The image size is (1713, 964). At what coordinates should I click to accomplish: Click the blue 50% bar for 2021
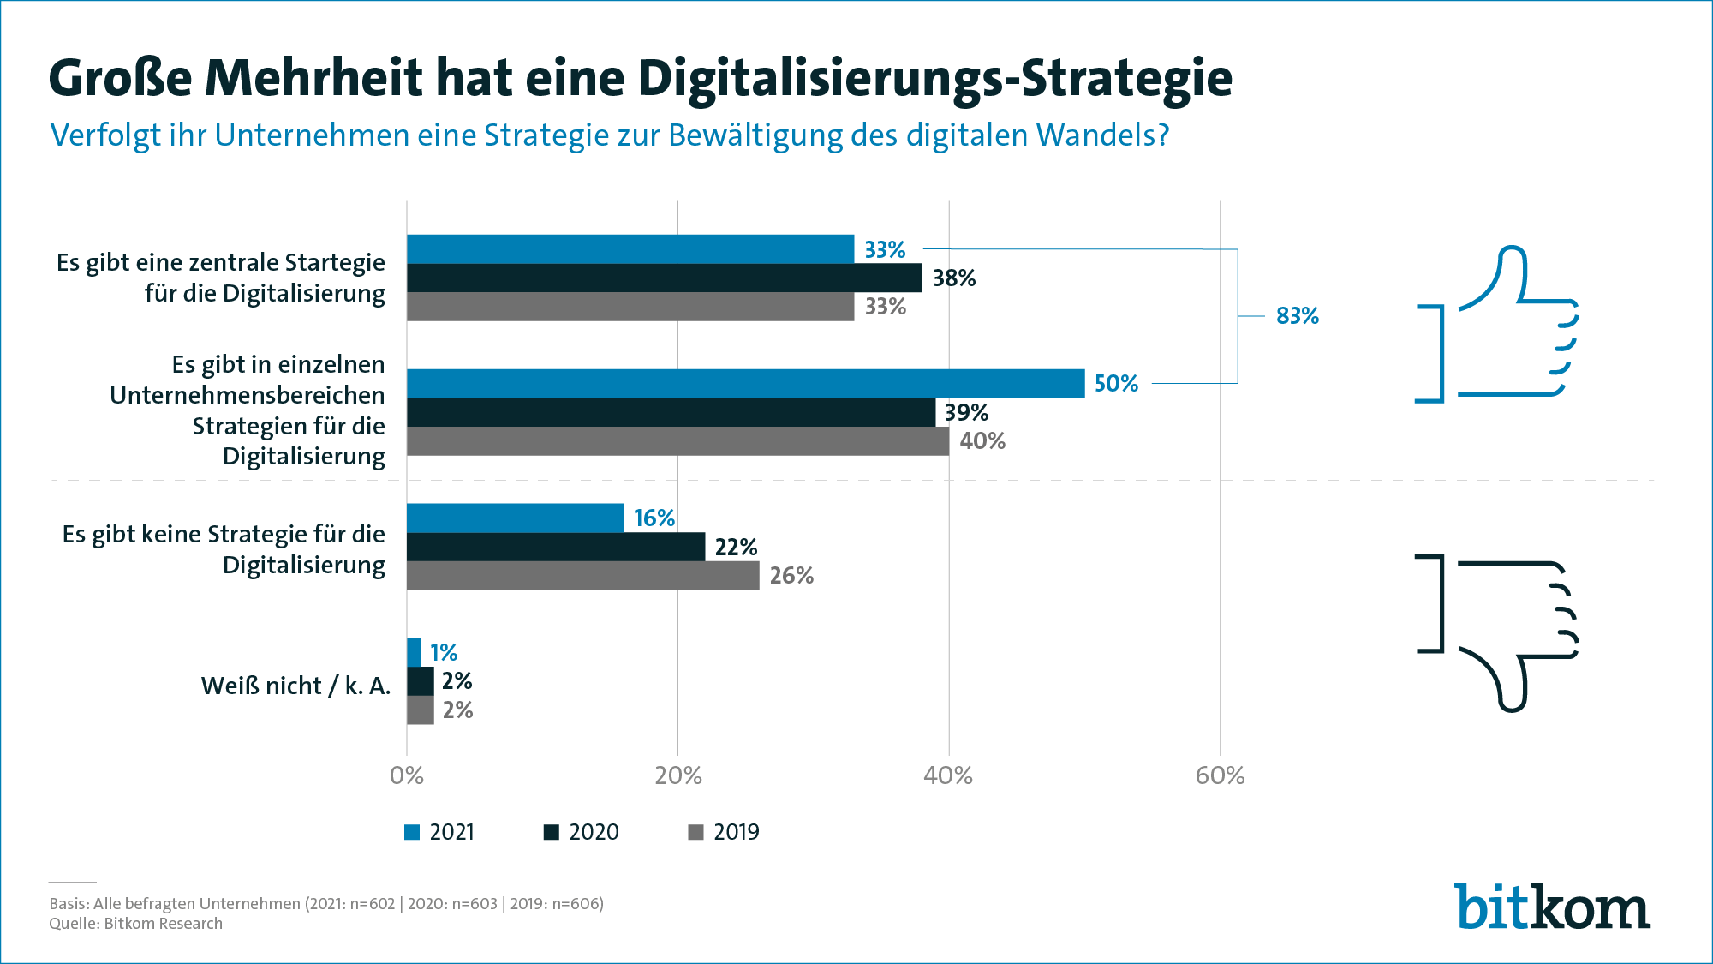[x=745, y=383]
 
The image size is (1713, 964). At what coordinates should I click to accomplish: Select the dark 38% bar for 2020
[x=664, y=278]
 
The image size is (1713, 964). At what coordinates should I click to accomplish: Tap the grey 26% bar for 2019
[x=582, y=575]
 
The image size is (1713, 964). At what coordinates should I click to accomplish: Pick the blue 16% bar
[x=515, y=518]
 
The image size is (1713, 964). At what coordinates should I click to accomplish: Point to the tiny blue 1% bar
[x=414, y=652]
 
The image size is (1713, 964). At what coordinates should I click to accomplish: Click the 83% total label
[x=1297, y=316]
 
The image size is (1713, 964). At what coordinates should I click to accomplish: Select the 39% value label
[x=966, y=413]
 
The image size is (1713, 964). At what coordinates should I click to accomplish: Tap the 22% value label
[x=736, y=547]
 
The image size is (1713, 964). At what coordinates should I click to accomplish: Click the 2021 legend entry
[x=439, y=832]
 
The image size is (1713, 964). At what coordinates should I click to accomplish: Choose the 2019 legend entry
[x=724, y=832]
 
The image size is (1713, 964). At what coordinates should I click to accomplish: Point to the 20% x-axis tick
[x=678, y=775]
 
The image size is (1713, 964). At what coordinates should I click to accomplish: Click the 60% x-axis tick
[x=1220, y=775]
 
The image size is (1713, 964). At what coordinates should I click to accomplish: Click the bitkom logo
[x=1551, y=907]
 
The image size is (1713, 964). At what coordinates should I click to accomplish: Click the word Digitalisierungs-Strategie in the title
[x=934, y=79]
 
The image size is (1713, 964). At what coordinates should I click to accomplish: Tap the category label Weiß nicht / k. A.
[x=295, y=686]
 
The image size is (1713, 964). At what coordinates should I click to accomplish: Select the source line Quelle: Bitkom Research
[x=135, y=924]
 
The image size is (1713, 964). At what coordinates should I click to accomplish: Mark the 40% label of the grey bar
[x=982, y=441]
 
